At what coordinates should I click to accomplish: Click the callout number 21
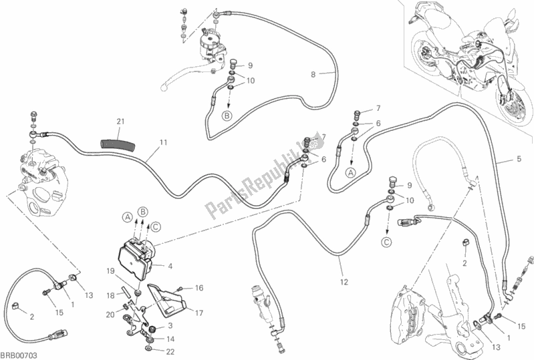point(120,121)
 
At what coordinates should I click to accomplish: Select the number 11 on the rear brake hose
point(163,142)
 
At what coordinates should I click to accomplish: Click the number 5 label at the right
point(518,159)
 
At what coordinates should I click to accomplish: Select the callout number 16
point(199,288)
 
